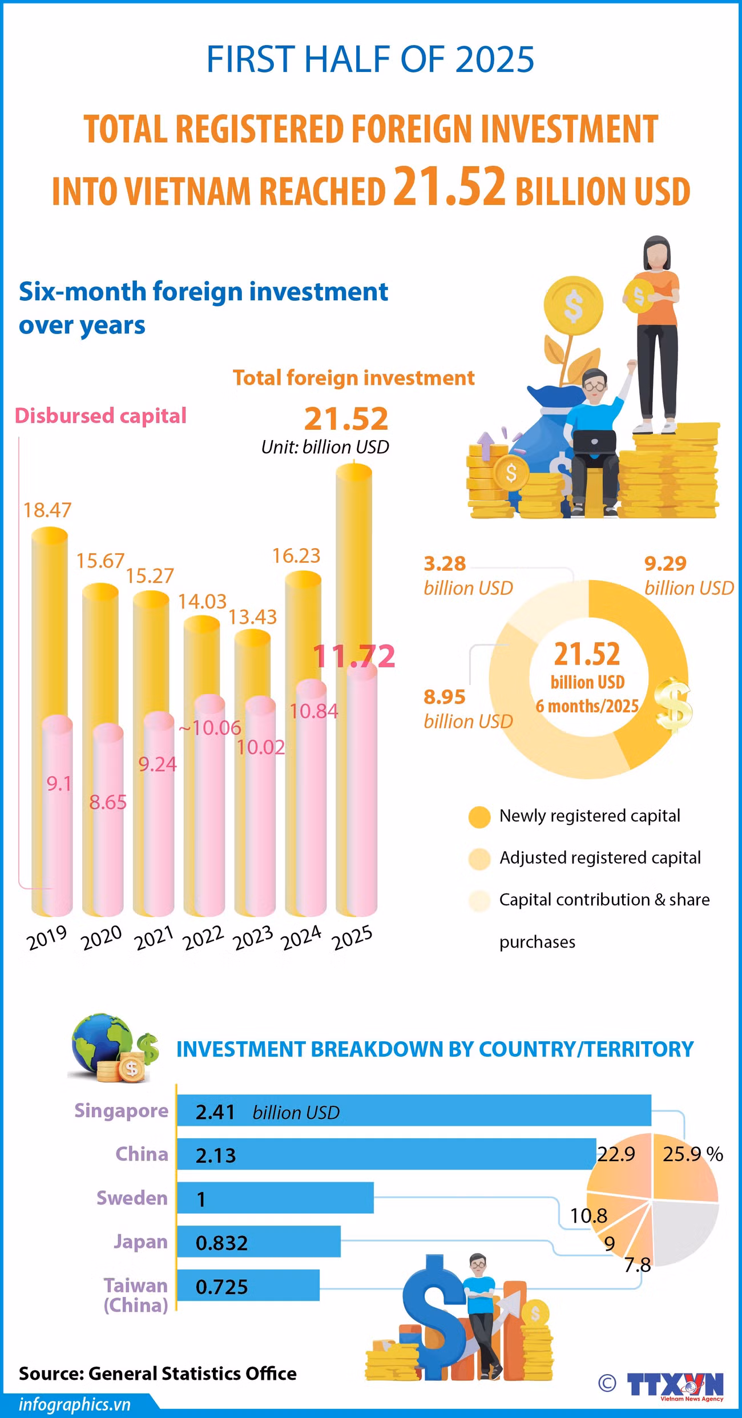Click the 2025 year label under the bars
353,938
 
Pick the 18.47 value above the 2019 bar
47,510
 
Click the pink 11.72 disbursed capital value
354,656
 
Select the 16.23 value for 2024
296,555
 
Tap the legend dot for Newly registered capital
479,817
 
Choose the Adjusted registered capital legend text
600,858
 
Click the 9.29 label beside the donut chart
666,563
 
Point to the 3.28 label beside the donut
445,563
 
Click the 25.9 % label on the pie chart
692,1154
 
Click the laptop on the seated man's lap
594,442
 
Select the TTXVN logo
675,1385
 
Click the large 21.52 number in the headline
450,186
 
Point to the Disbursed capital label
100,416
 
